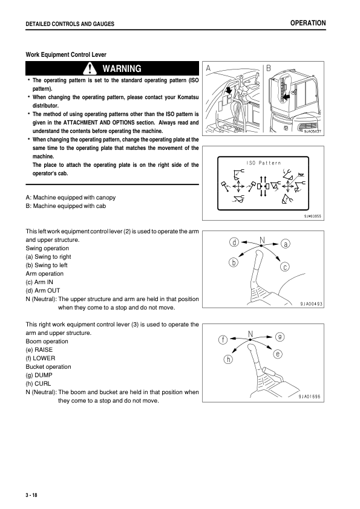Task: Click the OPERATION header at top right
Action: [308, 23]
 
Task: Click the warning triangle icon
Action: [90, 68]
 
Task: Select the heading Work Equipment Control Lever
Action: [66, 54]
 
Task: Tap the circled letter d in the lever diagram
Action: [234, 242]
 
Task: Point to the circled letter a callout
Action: [285, 244]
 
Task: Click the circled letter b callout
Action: [234, 262]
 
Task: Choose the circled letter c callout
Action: [284, 267]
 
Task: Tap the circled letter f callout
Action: [223, 340]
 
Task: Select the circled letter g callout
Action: [280, 337]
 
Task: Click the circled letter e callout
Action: [278, 354]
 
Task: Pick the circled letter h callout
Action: [229, 359]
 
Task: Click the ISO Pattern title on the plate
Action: [264, 163]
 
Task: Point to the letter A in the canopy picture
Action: [208, 68]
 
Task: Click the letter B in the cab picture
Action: [269, 68]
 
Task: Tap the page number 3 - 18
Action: [31, 495]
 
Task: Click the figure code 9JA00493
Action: [311, 304]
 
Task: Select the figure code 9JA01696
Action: [310, 397]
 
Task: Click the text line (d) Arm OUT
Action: [43, 291]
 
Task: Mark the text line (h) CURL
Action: [38, 383]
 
